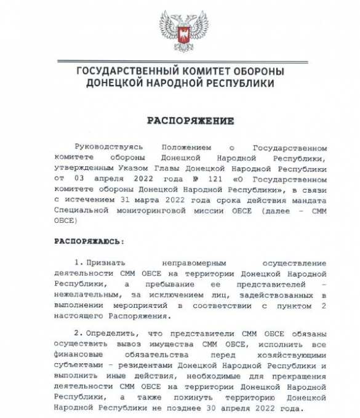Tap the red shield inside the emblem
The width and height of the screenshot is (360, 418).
(183, 34)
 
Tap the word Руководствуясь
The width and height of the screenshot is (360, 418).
(108, 148)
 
